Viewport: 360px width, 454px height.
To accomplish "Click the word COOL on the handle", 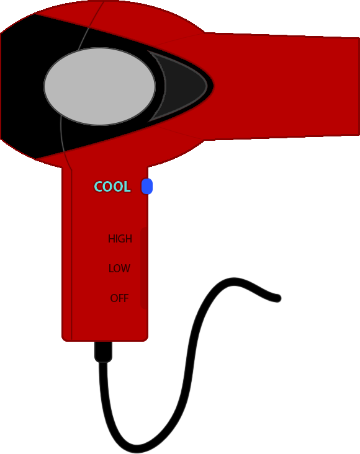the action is tap(112, 187).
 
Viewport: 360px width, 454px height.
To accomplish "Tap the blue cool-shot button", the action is tap(147, 186).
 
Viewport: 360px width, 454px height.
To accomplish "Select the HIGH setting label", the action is tap(120, 239).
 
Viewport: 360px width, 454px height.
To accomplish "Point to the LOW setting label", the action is tap(119, 269).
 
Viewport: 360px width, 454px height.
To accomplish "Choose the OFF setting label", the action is tap(119, 298).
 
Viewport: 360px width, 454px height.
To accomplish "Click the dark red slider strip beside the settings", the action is tap(145, 268).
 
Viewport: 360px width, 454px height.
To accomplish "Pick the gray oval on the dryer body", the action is tap(100, 86).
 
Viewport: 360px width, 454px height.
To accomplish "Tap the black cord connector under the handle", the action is tap(103, 352).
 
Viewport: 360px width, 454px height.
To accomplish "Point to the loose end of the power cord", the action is tap(277, 298).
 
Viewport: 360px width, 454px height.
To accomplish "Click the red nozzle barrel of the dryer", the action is tap(284, 86).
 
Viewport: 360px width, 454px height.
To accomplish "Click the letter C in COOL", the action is tap(99, 187).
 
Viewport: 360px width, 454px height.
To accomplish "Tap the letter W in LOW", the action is tap(125, 269).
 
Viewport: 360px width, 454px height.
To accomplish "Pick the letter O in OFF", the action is tap(114, 298).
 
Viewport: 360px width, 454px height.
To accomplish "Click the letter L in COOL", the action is tap(127, 187).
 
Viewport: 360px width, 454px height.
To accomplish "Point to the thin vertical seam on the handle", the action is tap(71, 255).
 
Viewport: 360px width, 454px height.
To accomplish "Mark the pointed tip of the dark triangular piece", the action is tap(207, 86).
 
